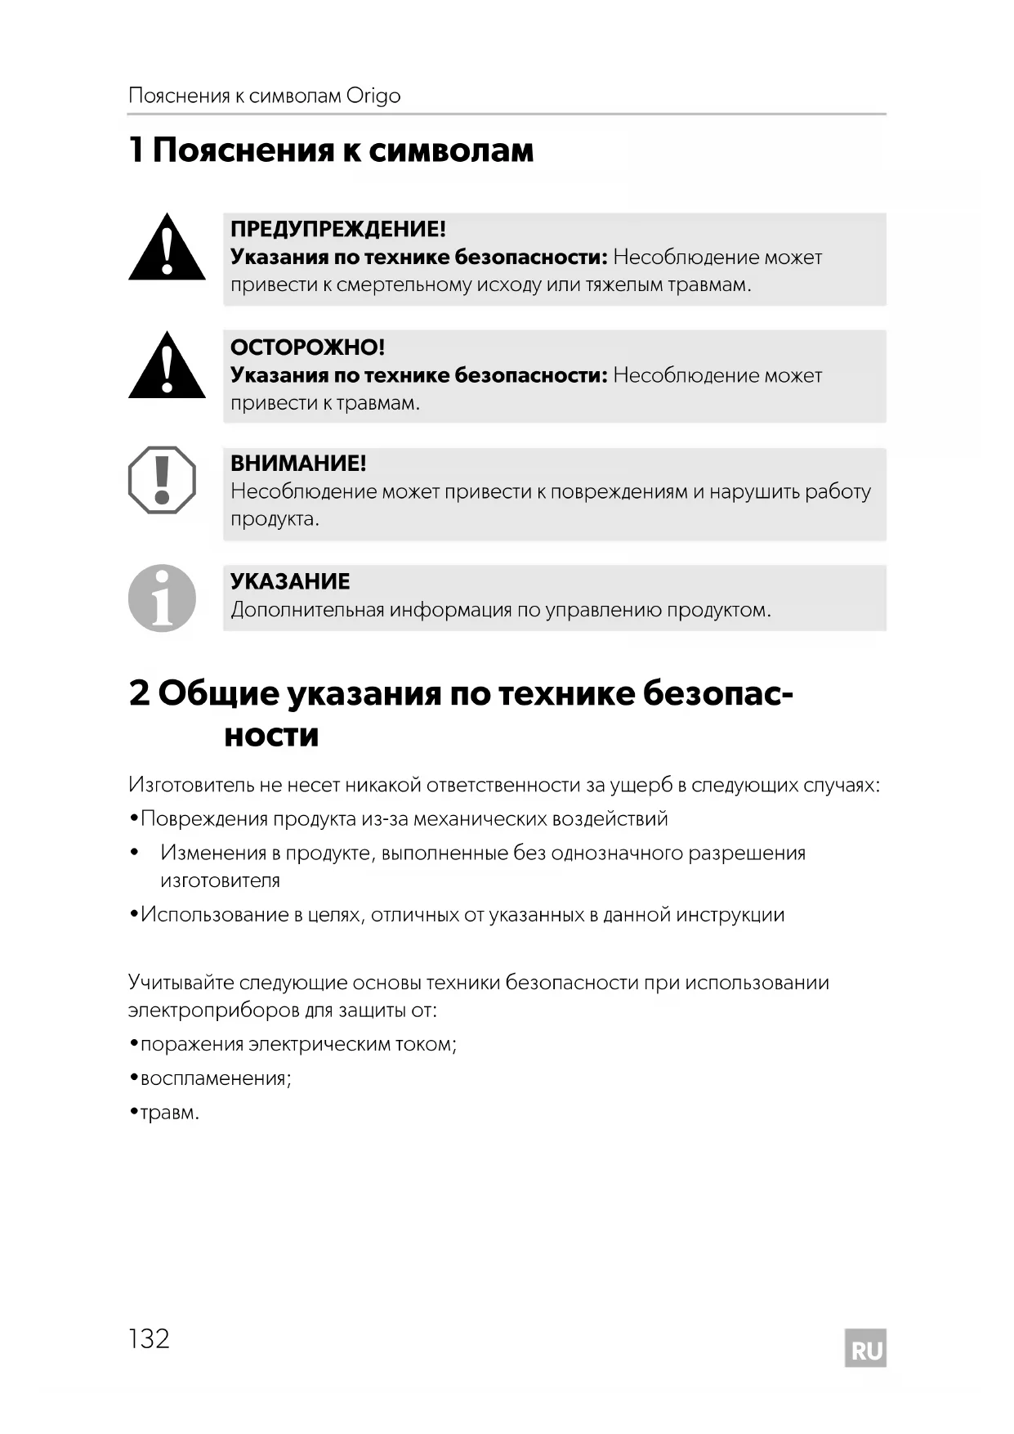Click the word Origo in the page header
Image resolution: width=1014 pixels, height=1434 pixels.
tap(373, 96)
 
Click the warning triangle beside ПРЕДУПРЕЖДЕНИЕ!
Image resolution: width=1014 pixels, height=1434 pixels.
tap(167, 249)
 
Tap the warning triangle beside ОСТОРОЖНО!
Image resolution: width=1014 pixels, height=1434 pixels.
tap(167, 367)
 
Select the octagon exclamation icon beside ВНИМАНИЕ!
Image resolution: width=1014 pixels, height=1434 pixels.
tap(162, 480)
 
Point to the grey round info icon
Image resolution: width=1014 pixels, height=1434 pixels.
tap(162, 598)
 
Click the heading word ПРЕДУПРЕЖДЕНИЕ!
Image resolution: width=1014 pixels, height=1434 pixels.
tap(337, 229)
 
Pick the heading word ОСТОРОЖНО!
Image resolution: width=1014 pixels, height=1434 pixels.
tap(307, 347)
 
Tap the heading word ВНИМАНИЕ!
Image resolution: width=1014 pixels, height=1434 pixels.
tap(298, 464)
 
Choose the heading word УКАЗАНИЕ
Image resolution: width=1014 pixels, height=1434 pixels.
tap(290, 581)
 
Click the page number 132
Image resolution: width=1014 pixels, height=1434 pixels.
tap(149, 1338)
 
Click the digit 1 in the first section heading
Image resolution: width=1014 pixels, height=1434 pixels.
tap(136, 150)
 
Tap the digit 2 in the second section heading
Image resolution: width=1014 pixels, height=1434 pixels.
tap(139, 693)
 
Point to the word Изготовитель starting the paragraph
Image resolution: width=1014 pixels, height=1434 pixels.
tap(191, 785)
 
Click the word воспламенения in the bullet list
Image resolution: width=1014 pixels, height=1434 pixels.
tap(213, 1078)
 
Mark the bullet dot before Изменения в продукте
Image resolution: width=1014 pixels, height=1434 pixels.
tap(134, 854)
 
